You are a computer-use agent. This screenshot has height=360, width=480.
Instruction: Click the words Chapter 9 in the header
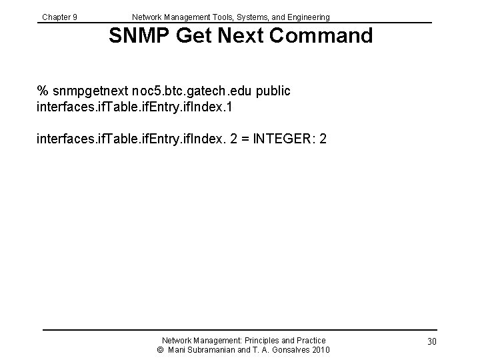pos(59,17)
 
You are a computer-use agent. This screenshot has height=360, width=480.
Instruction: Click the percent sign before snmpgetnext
pos(43,91)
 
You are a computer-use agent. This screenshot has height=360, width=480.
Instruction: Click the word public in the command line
pos(271,91)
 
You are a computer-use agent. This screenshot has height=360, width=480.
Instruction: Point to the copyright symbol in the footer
pos(160,350)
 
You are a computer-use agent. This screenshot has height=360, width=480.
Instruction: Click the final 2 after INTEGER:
pos(322,140)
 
